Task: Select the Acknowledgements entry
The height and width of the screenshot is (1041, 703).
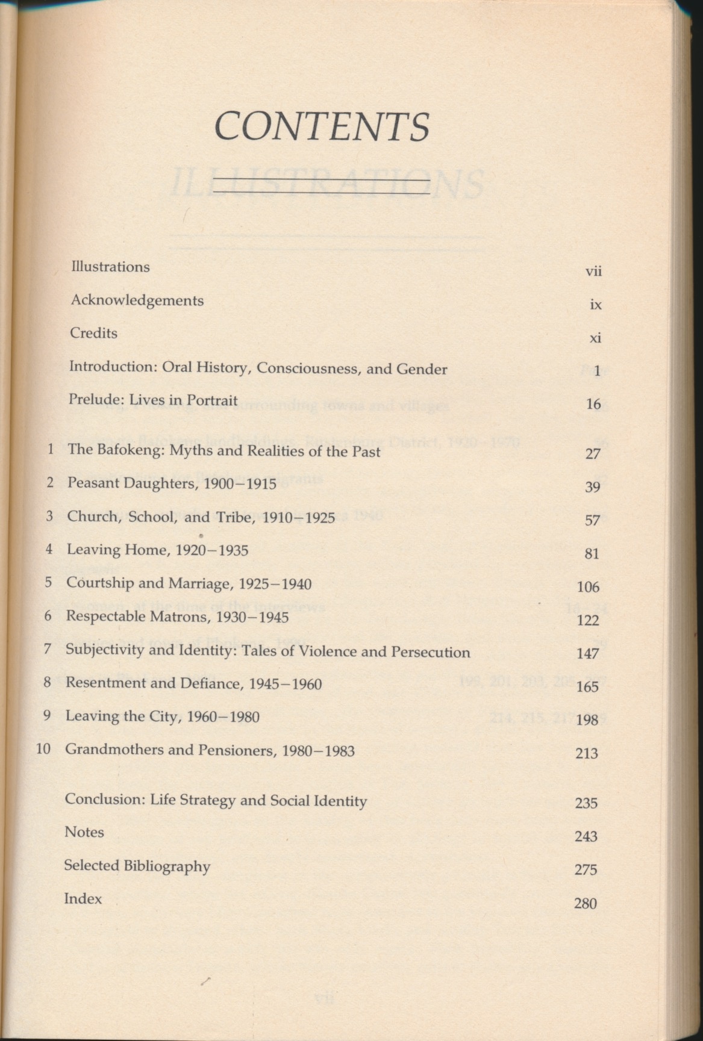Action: [x=137, y=300]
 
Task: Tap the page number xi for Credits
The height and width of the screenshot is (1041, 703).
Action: [x=595, y=338]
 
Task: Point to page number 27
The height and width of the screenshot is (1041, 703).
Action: [x=593, y=453]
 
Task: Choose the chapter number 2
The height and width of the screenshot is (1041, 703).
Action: [x=51, y=483]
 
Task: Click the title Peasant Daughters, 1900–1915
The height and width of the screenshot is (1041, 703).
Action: [x=172, y=483]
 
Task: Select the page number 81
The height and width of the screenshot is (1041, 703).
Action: [x=592, y=553]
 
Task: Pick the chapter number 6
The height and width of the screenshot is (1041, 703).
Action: [x=49, y=616]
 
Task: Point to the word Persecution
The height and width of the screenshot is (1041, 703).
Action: [x=430, y=652]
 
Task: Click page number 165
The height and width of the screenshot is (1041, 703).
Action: [x=587, y=686]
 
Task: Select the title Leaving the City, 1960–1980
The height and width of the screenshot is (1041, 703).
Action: [x=163, y=716]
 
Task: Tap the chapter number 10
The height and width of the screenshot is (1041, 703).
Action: [x=43, y=750]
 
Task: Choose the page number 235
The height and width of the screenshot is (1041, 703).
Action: [x=586, y=803]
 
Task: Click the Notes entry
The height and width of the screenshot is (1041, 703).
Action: [x=84, y=832]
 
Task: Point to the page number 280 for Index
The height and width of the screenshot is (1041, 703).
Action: [x=586, y=903]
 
